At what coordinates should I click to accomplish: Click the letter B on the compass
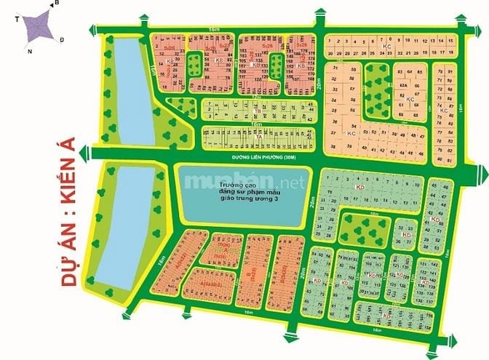(55, 4)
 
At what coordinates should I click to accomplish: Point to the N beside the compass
(30, 52)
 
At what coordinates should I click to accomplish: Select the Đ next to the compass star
(63, 39)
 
